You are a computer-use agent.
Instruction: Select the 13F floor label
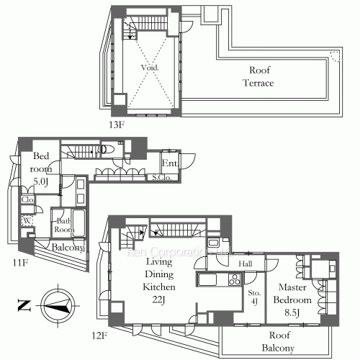(116, 125)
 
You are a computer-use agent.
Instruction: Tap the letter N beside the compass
(22, 305)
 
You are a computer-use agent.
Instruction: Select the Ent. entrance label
(170, 163)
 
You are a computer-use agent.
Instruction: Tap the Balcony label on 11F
(69, 248)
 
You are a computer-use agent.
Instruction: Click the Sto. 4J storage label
(253, 297)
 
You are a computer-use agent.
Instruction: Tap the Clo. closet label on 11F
(28, 200)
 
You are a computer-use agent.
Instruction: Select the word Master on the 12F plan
(293, 287)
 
